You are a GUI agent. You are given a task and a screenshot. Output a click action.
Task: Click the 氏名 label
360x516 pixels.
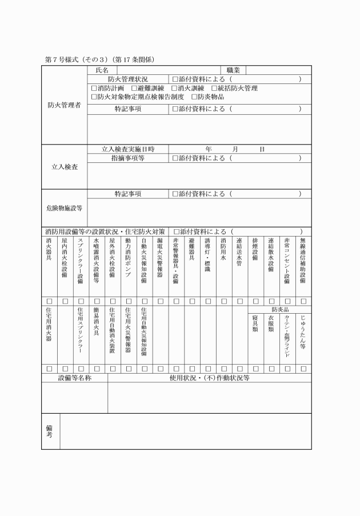tap(102, 70)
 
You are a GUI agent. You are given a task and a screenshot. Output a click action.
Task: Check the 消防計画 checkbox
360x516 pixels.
tap(95, 89)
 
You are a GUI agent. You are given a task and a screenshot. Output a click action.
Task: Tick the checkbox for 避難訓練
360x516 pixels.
tap(134, 89)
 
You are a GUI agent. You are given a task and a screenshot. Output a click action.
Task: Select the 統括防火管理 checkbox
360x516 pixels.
tap(214, 89)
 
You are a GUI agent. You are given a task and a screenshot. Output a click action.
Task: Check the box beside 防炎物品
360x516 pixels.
tap(194, 97)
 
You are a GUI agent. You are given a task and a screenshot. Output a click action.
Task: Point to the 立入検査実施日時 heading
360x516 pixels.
tap(128, 149)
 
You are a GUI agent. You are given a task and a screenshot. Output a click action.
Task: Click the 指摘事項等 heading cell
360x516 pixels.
tap(128, 158)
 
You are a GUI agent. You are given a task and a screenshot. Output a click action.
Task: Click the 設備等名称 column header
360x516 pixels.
tap(75, 378)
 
